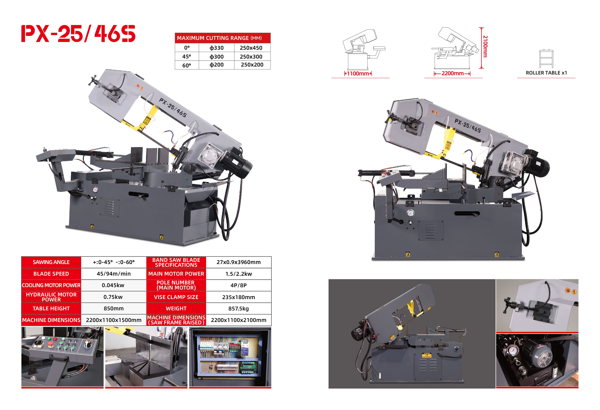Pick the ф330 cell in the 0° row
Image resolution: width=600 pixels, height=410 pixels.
[x=216, y=48]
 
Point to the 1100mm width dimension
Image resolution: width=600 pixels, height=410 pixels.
[x=358, y=74]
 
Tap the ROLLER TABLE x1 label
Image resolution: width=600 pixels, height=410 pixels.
[x=546, y=73]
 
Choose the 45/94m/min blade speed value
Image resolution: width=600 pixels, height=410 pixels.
[x=114, y=274]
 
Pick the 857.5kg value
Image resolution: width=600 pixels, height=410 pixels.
[x=238, y=309]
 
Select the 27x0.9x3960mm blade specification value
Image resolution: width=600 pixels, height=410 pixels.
[x=238, y=262]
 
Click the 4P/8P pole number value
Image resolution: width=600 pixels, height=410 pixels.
[x=238, y=285]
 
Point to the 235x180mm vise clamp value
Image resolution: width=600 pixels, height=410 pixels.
[x=238, y=297]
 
